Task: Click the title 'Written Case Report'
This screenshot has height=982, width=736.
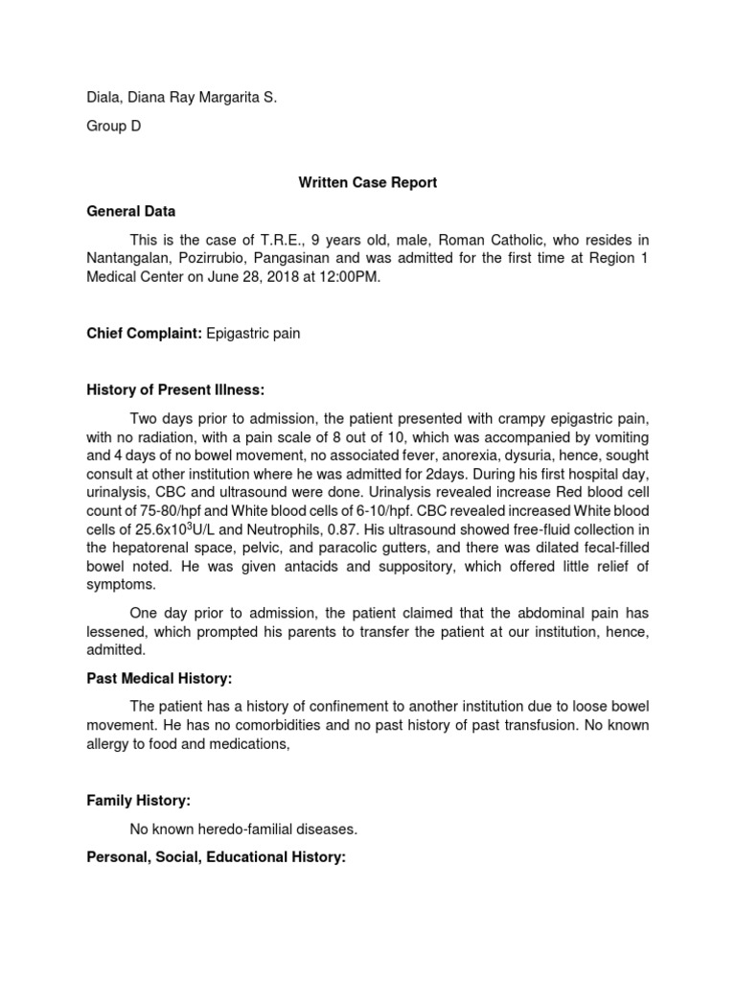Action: click(x=368, y=182)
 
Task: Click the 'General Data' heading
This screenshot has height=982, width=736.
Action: click(x=131, y=211)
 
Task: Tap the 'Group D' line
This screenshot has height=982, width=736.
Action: click(x=114, y=127)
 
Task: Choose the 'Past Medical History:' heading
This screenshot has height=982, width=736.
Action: click(x=160, y=678)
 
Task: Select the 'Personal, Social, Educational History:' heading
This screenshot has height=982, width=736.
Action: click(x=216, y=857)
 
